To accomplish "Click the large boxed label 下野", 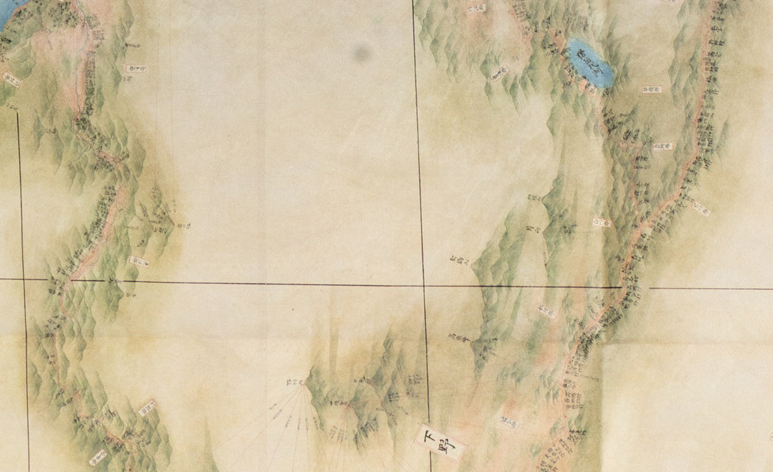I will (441, 442).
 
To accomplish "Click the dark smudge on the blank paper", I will (362, 54).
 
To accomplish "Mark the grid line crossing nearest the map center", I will (424, 286).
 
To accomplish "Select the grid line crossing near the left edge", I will (23, 279).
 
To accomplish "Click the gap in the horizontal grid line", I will (635, 288).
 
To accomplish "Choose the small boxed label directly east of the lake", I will (652, 89).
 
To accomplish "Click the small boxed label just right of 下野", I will (509, 422).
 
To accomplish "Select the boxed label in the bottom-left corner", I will (98, 457).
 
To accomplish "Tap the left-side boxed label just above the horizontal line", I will (139, 262).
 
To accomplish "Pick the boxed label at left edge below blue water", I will (12, 79).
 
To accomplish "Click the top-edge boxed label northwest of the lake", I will (476, 9).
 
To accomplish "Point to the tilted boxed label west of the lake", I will (499, 73).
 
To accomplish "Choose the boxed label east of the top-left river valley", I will (136, 69).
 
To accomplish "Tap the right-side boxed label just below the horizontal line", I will (547, 310).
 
